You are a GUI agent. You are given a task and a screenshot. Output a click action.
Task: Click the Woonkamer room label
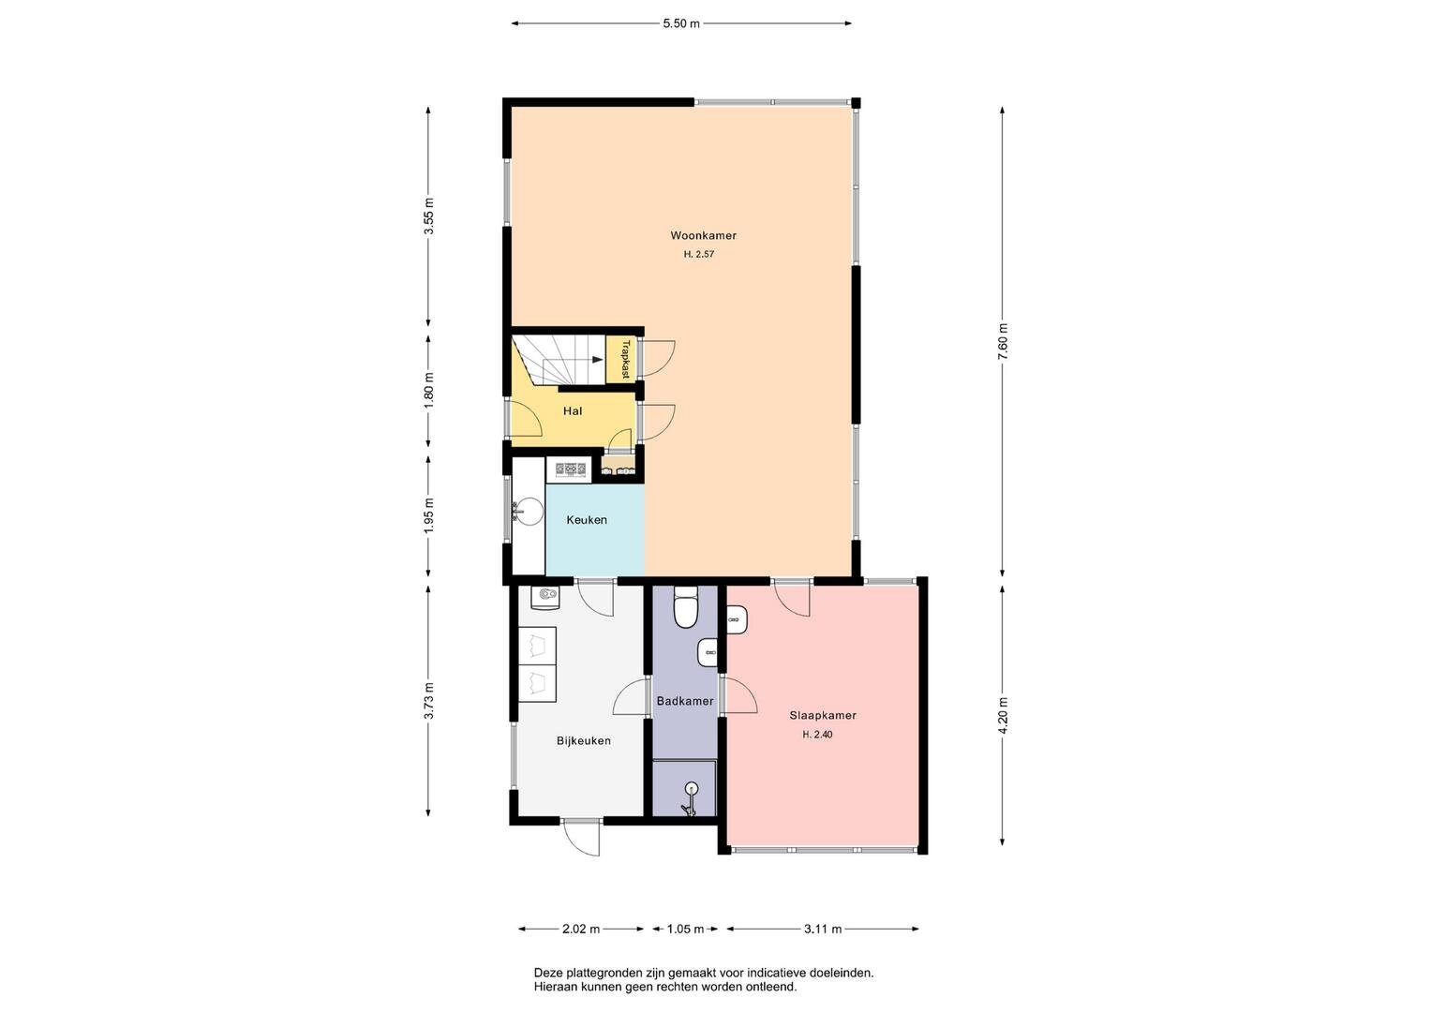(703, 235)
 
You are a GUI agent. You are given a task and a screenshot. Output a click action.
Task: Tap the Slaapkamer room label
(823, 715)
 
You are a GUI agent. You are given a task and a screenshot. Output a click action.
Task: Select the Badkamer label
(685, 701)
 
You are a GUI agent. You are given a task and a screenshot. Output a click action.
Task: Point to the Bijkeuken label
(583, 740)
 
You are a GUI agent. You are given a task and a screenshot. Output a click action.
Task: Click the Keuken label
(587, 519)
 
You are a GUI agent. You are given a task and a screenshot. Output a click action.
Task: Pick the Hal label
(573, 410)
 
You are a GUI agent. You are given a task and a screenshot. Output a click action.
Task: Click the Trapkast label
(625, 359)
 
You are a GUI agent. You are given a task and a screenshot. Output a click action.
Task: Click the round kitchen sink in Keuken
(528, 511)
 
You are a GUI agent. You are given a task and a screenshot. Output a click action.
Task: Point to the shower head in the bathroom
(691, 789)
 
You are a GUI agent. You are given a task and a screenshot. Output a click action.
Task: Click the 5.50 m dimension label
(681, 23)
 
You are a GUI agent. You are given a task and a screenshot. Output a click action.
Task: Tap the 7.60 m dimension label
(1003, 341)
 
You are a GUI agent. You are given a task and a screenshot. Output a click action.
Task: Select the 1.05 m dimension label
(685, 929)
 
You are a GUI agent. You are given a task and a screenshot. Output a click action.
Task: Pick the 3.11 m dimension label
(823, 929)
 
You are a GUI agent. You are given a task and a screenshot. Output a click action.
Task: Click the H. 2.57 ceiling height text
(699, 254)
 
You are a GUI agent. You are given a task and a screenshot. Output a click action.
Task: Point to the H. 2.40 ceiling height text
(818, 734)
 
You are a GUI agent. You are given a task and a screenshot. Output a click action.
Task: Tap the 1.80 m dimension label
(429, 391)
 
